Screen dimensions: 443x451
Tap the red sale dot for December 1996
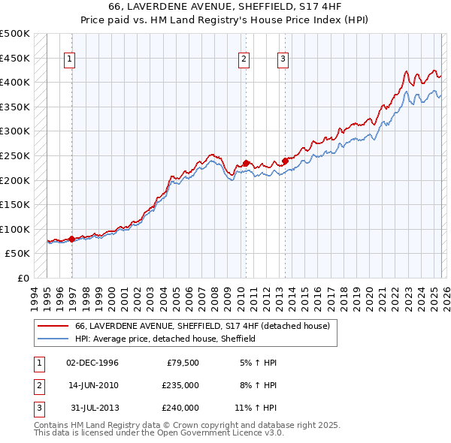click(x=72, y=239)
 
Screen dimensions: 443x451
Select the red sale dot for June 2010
click(x=246, y=163)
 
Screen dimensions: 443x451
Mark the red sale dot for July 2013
click(x=286, y=160)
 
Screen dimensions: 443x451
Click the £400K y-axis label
click(x=15, y=82)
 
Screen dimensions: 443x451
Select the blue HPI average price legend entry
click(x=165, y=339)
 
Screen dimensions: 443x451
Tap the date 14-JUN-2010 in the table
click(x=92, y=385)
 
